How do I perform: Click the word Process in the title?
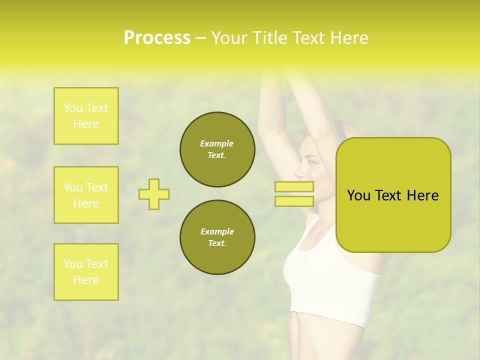point(157,38)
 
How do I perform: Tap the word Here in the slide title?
point(348,38)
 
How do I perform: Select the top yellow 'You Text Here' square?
point(86,116)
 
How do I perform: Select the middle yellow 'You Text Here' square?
point(86,195)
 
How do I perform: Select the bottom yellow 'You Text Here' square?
point(86,272)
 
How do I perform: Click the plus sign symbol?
point(154,194)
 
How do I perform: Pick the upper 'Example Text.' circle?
point(217,149)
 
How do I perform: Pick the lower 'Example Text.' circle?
point(217,237)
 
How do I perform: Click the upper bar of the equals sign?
point(294,187)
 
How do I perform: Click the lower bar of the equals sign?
point(294,201)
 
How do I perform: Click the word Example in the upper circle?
point(217,143)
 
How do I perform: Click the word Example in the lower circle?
point(217,231)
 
